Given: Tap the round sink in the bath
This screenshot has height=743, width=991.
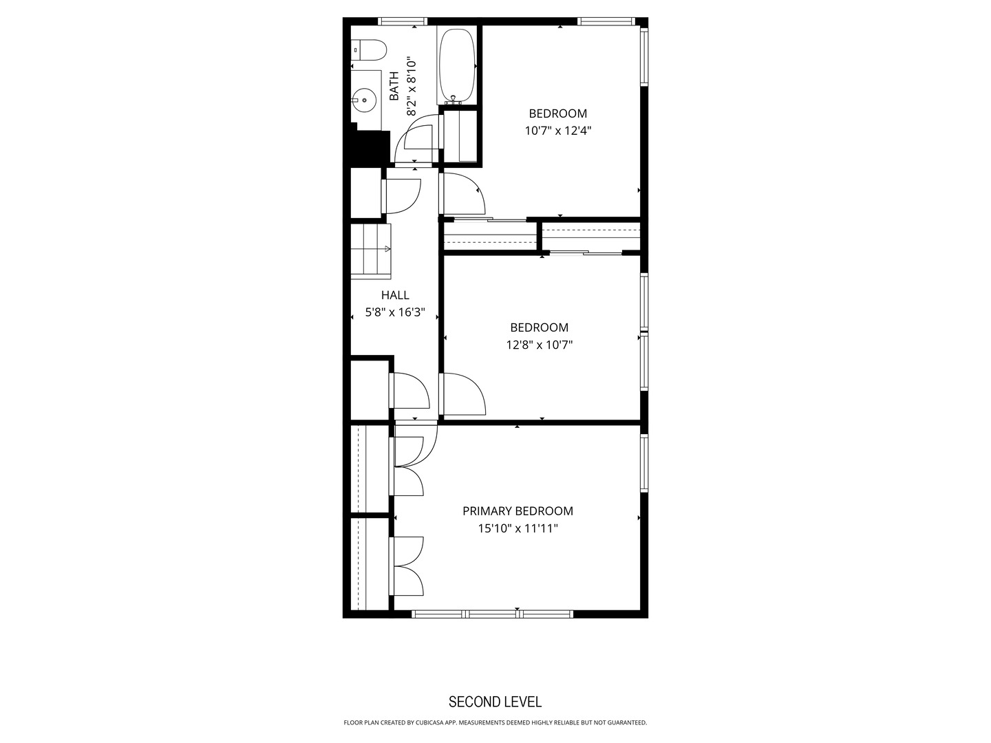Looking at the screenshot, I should [363, 100].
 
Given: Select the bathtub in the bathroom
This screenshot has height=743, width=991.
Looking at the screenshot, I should [456, 65].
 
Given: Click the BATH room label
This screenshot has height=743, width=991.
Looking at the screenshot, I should [394, 86].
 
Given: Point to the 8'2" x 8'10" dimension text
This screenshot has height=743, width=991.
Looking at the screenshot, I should [412, 86].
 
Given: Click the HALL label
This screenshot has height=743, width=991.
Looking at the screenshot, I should [395, 295].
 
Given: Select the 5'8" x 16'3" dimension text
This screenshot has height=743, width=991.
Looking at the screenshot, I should [395, 312].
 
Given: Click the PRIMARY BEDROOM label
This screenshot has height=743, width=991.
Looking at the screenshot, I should [518, 511].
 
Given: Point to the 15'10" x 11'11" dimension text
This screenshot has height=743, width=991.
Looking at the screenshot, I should [518, 528].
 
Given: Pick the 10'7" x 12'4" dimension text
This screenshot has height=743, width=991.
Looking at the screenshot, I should [558, 131].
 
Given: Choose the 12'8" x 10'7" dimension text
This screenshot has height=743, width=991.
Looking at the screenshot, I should [540, 345].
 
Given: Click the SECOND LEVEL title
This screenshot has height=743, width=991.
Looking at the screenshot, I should [495, 702].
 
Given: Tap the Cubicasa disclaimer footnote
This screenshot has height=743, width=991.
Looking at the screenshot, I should [495, 723].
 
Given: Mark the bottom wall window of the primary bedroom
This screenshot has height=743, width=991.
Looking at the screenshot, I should [493, 613].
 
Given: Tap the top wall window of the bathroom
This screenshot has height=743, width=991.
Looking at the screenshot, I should [403, 21].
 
